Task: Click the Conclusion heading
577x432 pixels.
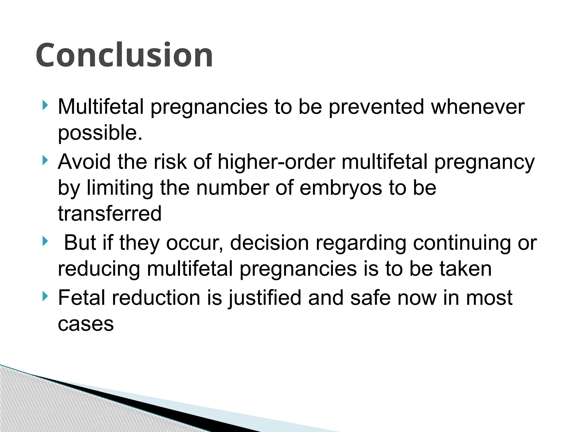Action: tap(124, 55)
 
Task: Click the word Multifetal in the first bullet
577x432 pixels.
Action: tap(101, 107)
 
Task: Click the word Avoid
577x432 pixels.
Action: tap(84, 162)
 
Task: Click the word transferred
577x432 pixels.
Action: tap(110, 213)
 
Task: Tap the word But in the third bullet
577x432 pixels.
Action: tap(80, 242)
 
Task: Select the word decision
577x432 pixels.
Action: tap(269, 242)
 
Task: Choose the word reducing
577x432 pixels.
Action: tap(99, 269)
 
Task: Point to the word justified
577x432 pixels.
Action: tap(265, 298)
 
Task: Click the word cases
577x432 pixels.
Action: tap(86, 324)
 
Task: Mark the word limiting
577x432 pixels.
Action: tap(120, 188)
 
